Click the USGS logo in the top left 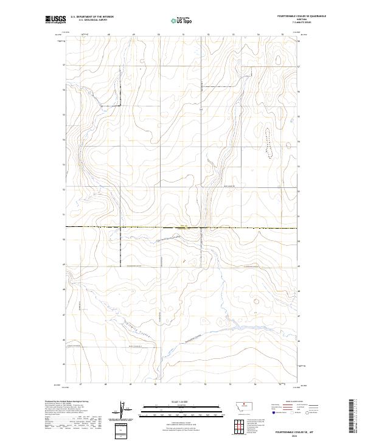point(55,19)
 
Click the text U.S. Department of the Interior point(92,16)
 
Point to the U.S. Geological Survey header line point(92,20)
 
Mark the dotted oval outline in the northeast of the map point(267,141)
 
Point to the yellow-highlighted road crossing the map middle point(182,227)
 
